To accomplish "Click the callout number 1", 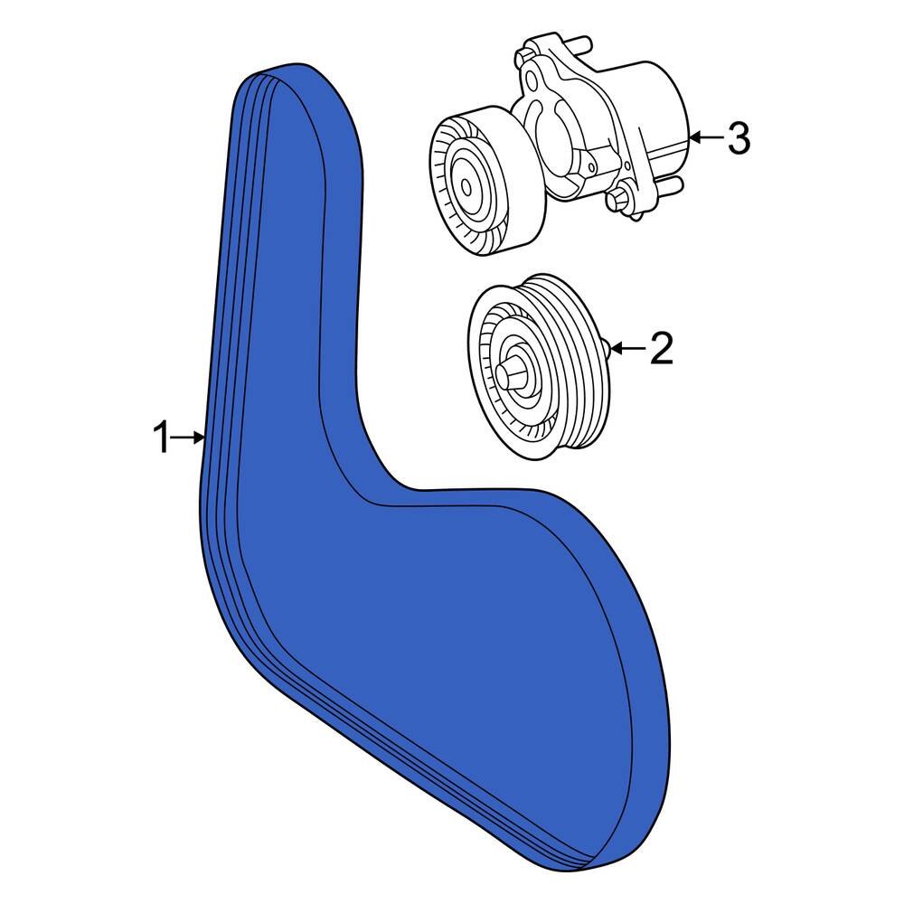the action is [162, 438].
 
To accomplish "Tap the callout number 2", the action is [662, 348].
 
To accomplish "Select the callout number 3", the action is [739, 137].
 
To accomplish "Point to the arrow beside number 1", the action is [187, 438].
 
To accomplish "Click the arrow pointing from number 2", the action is [628, 348].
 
